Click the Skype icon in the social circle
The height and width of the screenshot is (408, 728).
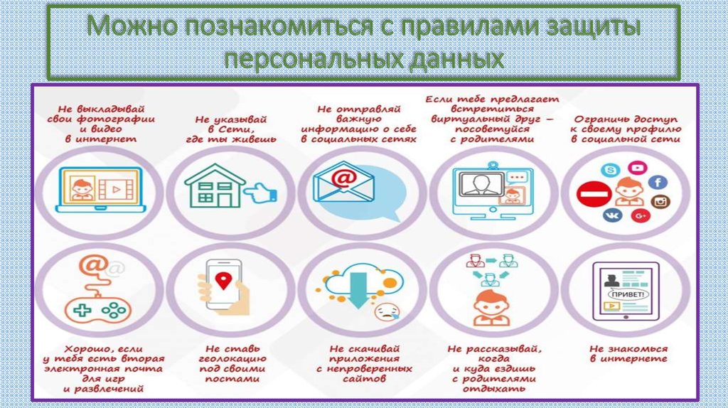pyautogui.click(x=611, y=171)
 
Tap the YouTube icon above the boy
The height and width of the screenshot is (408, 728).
pyautogui.click(x=637, y=167)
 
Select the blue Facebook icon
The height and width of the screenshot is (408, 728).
pyautogui.click(x=658, y=182)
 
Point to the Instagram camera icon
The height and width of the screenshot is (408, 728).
pyautogui.click(x=660, y=201)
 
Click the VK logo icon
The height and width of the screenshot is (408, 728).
pyautogui.click(x=612, y=215)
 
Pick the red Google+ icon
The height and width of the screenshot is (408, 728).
pyautogui.click(x=641, y=215)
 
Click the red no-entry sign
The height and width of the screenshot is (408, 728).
pyautogui.click(x=594, y=194)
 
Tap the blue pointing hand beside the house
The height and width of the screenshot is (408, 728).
pyautogui.click(x=260, y=193)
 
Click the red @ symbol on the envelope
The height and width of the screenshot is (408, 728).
pyautogui.click(x=343, y=178)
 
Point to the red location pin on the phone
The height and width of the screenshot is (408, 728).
pyautogui.click(x=223, y=280)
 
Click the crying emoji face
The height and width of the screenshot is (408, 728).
pyautogui.click(x=387, y=311)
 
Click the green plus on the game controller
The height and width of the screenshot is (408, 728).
pyautogui.click(x=82, y=310)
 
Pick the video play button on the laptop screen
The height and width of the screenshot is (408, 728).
pyautogui.click(x=117, y=189)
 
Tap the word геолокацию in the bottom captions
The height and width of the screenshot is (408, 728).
pyautogui.click(x=232, y=359)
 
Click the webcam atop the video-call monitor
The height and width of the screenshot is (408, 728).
pyautogui.click(x=493, y=164)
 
